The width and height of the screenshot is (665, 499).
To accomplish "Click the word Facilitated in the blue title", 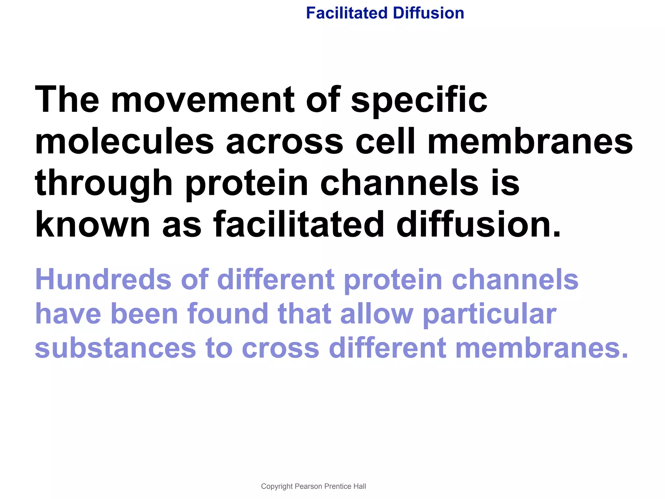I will point(347,13).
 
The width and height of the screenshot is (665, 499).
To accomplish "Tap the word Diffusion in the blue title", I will point(428,13).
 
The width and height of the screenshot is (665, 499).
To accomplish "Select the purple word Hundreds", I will point(103,279).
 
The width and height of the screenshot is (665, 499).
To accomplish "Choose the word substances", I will point(115,348).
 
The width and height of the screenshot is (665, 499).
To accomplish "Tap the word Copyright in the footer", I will point(277,486).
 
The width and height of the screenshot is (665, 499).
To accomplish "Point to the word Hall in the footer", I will point(360,486).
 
